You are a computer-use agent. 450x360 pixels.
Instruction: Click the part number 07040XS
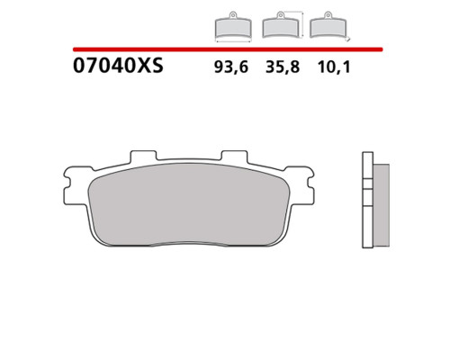coord(118,66)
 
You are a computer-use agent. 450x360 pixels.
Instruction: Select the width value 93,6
coord(231,67)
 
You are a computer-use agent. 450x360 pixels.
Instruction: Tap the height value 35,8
coord(283,67)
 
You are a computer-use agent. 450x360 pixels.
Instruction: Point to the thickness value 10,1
coord(334,67)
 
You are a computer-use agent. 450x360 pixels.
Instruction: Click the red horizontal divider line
coord(228,49)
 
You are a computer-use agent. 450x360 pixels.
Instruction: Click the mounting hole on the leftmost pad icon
coord(233,14)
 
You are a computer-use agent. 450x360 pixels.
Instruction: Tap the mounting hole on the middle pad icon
coord(280,14)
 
